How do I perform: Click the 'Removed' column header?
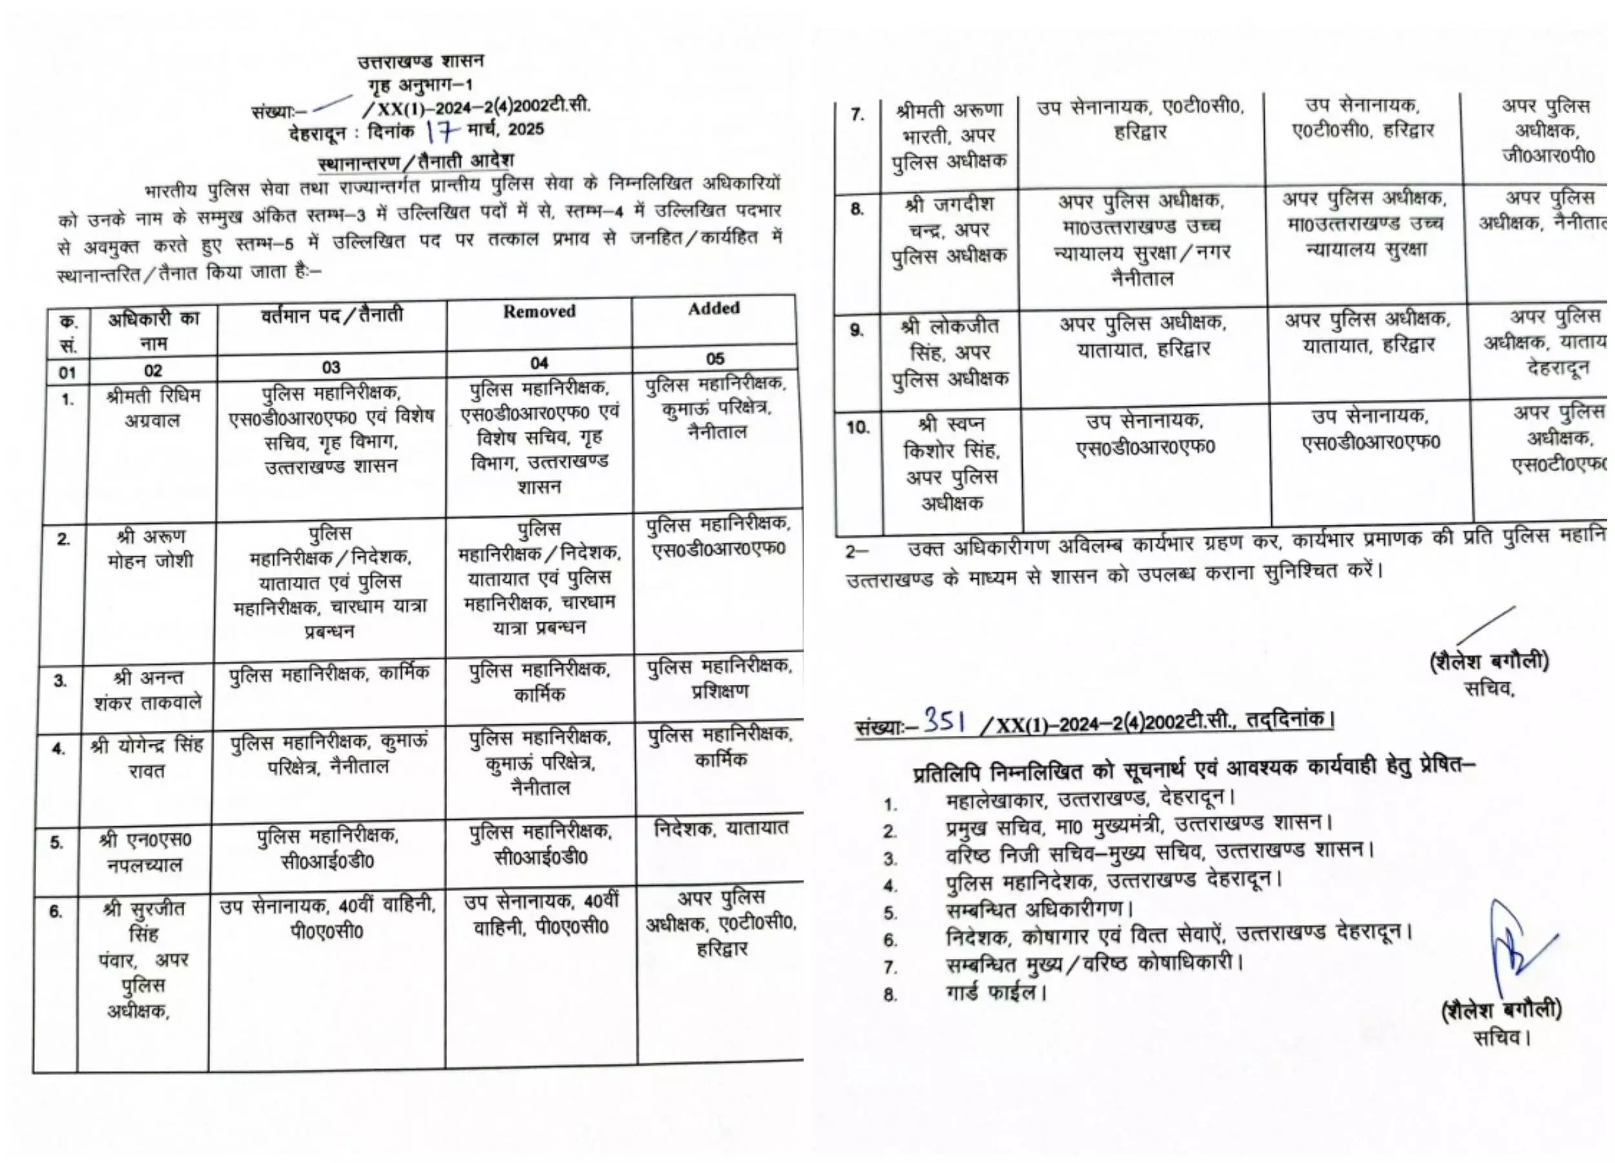coord(539,311)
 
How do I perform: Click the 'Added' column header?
coord(713,308)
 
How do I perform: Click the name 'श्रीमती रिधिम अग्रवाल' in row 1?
coord(152,407)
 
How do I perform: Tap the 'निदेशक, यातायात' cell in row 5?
coord(721,828)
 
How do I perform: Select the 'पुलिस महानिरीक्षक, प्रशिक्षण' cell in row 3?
coord(719,678)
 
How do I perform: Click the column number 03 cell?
coord(331,368)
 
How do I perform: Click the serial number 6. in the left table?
coord(56,912)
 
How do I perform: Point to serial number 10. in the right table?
coord(857,427)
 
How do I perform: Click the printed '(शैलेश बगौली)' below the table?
coord(1490,662)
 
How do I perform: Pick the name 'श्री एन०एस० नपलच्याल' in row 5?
coord(145,852)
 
